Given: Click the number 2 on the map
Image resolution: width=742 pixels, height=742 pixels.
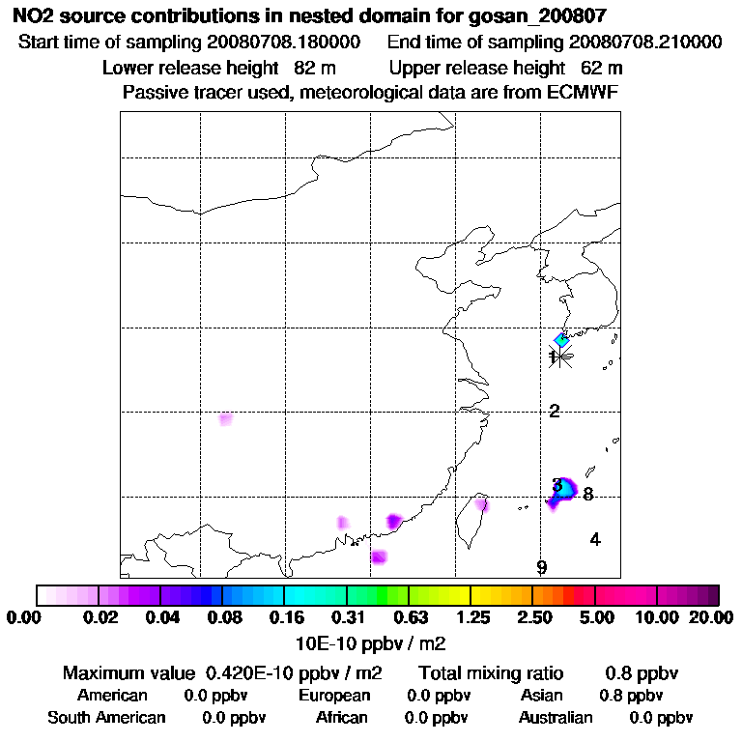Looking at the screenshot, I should point(555,412).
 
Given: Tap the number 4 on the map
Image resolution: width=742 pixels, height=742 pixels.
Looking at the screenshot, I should point(595,540).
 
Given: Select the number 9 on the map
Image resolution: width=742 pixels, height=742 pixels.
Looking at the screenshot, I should point(542,568).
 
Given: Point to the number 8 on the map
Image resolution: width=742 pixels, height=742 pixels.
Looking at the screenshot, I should point(587,495).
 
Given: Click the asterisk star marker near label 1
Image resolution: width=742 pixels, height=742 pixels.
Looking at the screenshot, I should point(561,357).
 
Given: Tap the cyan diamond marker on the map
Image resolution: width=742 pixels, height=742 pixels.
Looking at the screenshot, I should point(561,339).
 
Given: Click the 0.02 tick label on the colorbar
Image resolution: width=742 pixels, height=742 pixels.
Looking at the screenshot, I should point(100,617).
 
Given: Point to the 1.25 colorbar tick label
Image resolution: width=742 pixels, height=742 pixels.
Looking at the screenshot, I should point(471,617).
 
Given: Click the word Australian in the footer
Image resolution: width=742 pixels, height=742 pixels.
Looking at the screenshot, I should point(556,718).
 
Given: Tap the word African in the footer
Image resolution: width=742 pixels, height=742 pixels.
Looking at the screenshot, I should point(341,718).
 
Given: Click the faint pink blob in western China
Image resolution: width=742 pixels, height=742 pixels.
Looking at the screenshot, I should point(225,419).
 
